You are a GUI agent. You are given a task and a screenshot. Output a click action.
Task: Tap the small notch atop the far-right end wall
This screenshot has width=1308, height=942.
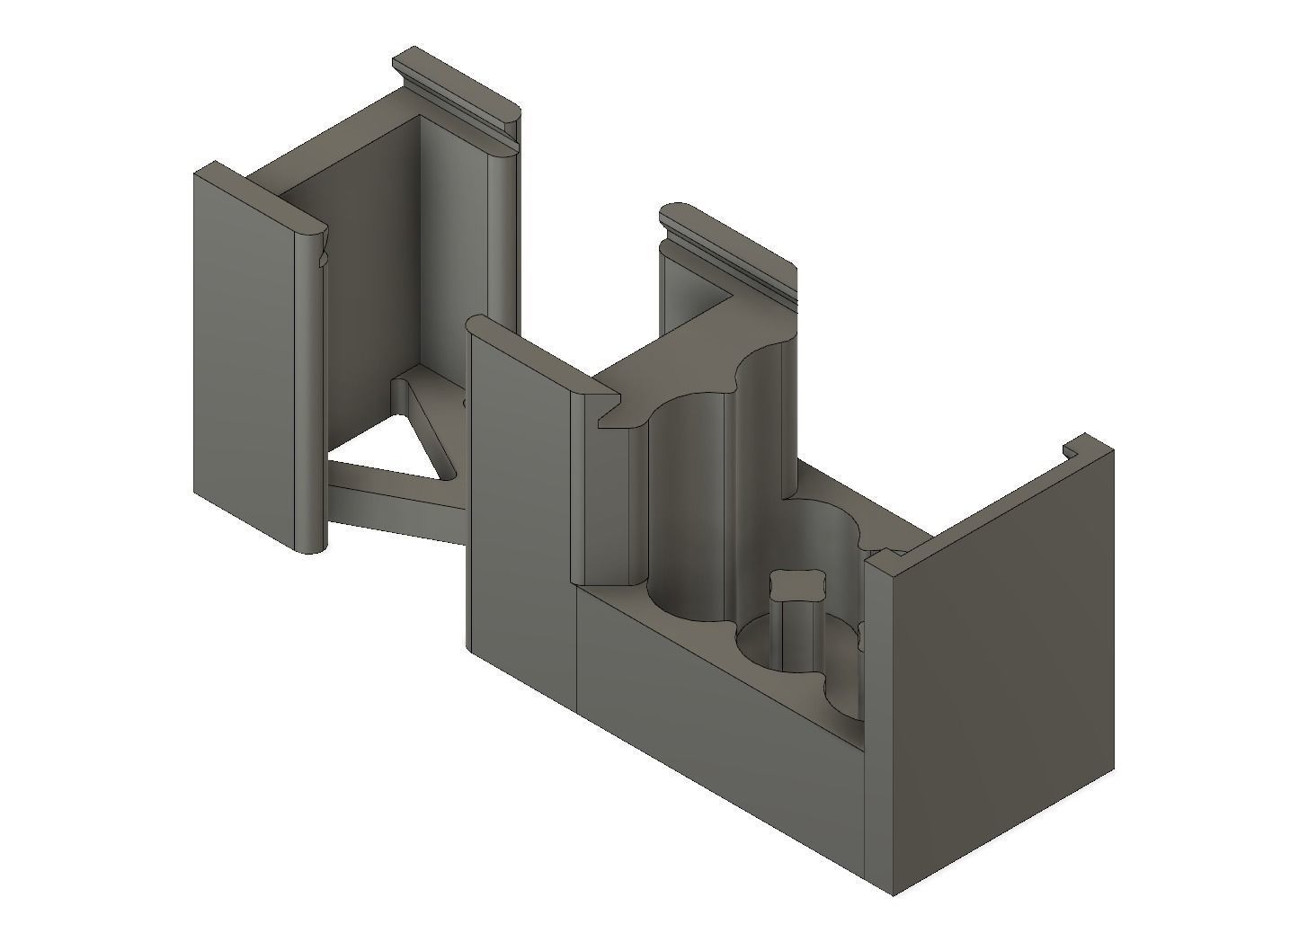pyautogui.click(x=1072, y=447)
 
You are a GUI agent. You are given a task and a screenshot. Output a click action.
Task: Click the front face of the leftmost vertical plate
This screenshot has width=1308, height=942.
pyautogui.click(x=243, y=360)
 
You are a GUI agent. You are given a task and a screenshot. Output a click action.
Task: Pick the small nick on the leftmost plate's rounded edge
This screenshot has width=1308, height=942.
pyautogui.click(x=322, y=260)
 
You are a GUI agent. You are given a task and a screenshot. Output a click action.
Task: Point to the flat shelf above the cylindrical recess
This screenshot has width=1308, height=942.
pyautogui.click(x=683, y=360)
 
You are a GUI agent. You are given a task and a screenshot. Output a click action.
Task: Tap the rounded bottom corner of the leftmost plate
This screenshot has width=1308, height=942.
pyautogui.click(x=309, y=545)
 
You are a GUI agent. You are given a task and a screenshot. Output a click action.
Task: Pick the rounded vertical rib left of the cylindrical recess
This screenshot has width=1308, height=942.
pyautogui.click(x=629, y=503)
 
